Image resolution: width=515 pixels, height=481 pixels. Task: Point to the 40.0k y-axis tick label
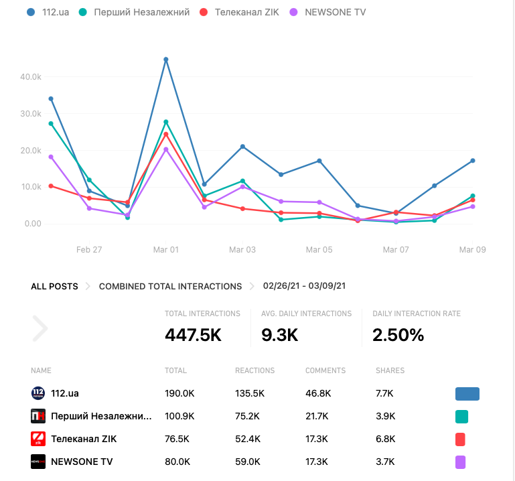31,77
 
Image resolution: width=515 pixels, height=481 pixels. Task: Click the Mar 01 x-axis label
166,249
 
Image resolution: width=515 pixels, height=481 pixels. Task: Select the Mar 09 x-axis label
472,249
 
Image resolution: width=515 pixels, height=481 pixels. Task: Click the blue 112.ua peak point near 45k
166,60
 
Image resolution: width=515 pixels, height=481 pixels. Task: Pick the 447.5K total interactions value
193,335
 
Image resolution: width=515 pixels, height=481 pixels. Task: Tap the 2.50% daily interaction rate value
398,335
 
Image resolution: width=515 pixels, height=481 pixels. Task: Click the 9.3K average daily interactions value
280,335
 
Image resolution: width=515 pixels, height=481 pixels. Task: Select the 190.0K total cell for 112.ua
179,393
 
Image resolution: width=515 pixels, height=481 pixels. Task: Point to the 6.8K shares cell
385,439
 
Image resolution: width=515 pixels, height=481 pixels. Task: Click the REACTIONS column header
254,370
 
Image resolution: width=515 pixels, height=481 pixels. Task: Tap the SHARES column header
390,370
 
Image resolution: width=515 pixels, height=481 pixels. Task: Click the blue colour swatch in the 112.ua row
467,393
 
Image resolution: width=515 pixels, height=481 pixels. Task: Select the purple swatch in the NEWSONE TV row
460,462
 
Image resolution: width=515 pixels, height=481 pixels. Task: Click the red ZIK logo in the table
38,439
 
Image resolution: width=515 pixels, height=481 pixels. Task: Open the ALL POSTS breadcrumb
54,286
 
